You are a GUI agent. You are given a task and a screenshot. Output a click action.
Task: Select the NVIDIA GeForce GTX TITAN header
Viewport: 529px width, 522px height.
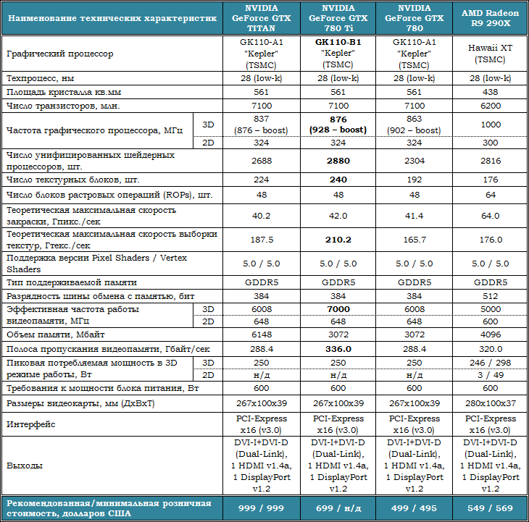[x=261, y=18]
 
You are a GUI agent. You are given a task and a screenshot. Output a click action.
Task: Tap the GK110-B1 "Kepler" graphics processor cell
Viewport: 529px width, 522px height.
[x=338, y=54]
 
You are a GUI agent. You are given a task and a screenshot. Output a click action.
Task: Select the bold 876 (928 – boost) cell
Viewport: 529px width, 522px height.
[x=338, y=125]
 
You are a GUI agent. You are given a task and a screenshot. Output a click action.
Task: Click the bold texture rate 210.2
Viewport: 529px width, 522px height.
[x=338, y=239]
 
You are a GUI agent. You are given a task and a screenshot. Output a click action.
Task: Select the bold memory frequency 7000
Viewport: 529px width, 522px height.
[x=338, y=308]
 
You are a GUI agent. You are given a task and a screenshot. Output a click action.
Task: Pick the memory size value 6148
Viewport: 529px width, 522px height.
[x=261, y=335]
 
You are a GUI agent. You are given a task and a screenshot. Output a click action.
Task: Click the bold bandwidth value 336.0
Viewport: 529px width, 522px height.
[x=338, y=348]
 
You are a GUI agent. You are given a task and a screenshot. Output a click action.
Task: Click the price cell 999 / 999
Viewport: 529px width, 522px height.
[x=261, y=509]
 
